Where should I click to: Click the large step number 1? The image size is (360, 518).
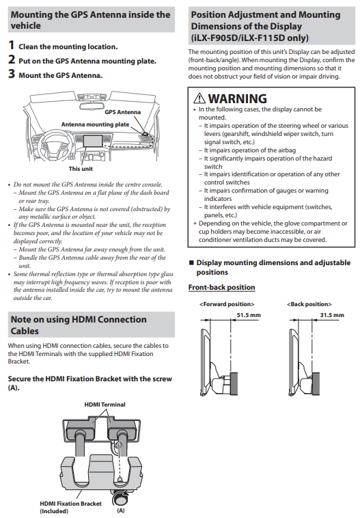pos(12,45)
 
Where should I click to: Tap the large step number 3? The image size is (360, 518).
pos(12,74)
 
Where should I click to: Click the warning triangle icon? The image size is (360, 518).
pos(199,98)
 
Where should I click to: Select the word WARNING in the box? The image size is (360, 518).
pos(238,99)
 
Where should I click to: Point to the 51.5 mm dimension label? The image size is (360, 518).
pos(249,315)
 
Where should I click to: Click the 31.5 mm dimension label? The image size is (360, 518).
pos(332,315)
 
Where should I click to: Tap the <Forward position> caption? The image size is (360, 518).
pos(227,304)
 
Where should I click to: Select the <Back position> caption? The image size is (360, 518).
pos(309,304)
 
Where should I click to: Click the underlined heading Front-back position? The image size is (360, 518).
pos(221,288)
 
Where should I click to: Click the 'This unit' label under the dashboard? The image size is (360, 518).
pos(81,169)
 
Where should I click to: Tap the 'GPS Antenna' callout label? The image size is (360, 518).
pos(122,112)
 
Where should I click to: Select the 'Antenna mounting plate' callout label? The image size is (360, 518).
pos(95,124)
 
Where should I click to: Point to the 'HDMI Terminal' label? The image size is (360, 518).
pos(105,405)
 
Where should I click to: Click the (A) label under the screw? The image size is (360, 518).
pos(120,510)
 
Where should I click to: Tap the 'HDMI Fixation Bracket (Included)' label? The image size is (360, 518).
pos(70,508)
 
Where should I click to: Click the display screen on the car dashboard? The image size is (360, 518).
pos(93,141)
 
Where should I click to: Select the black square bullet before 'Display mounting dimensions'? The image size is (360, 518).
pos(191,262)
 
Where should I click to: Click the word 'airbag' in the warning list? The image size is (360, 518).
pos(287,150)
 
